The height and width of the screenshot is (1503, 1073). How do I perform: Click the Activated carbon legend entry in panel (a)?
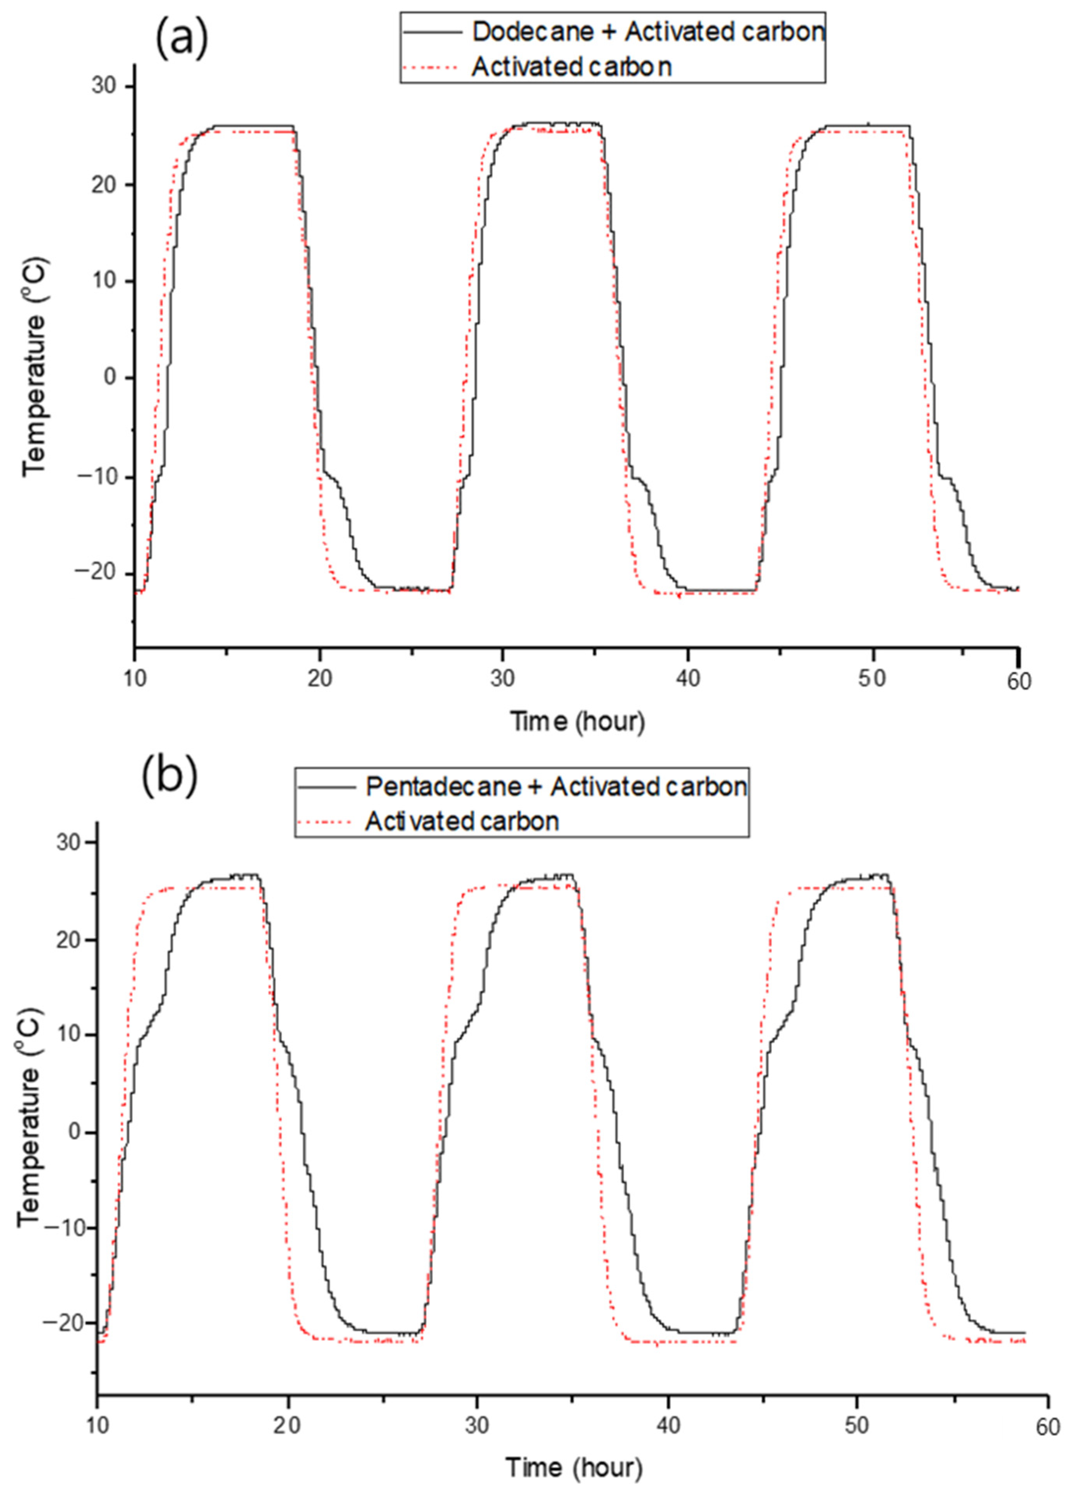tap(572, 67)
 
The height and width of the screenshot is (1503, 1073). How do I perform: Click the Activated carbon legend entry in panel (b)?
tap(462, 821)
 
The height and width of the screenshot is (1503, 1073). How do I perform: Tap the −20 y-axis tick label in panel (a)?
tap(96, 574)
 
